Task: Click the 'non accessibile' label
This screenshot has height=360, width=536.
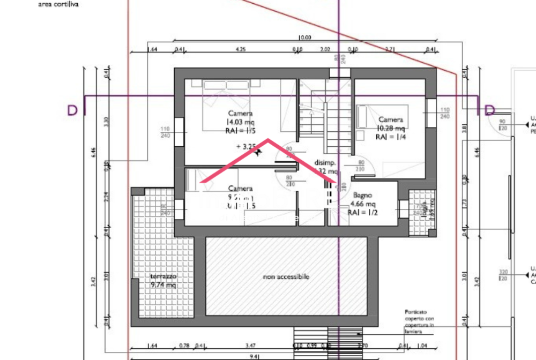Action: (286, 277)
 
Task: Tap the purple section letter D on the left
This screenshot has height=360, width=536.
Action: (72, 110)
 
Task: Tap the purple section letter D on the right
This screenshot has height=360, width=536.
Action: (489, 110)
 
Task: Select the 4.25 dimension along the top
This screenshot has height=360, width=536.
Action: (241, 49)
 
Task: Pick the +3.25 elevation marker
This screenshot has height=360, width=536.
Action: (247, 145)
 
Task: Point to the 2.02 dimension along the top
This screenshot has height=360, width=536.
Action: (325, 49)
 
